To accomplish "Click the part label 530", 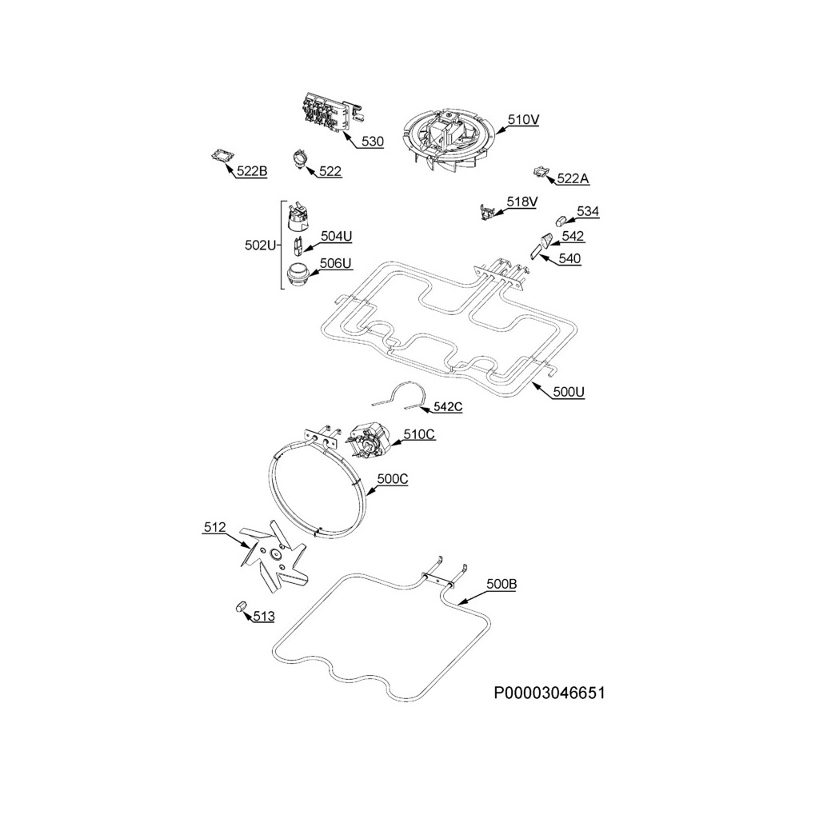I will click(x=372, y=142).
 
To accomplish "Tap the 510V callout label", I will click(x=524, y=120).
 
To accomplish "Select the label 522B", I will click(x=252, y=171).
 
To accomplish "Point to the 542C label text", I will click(x=447, y=407).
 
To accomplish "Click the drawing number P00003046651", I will click(x=549, y=693).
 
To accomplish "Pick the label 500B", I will click(x=501, y=585).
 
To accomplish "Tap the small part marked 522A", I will click(x=541, y=171).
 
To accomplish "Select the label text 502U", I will click(x=260, y=246).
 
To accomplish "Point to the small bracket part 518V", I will click(x=487, y=211).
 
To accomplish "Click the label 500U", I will click(x=569, y=392).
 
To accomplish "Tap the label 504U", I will click(x=336, y=236).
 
